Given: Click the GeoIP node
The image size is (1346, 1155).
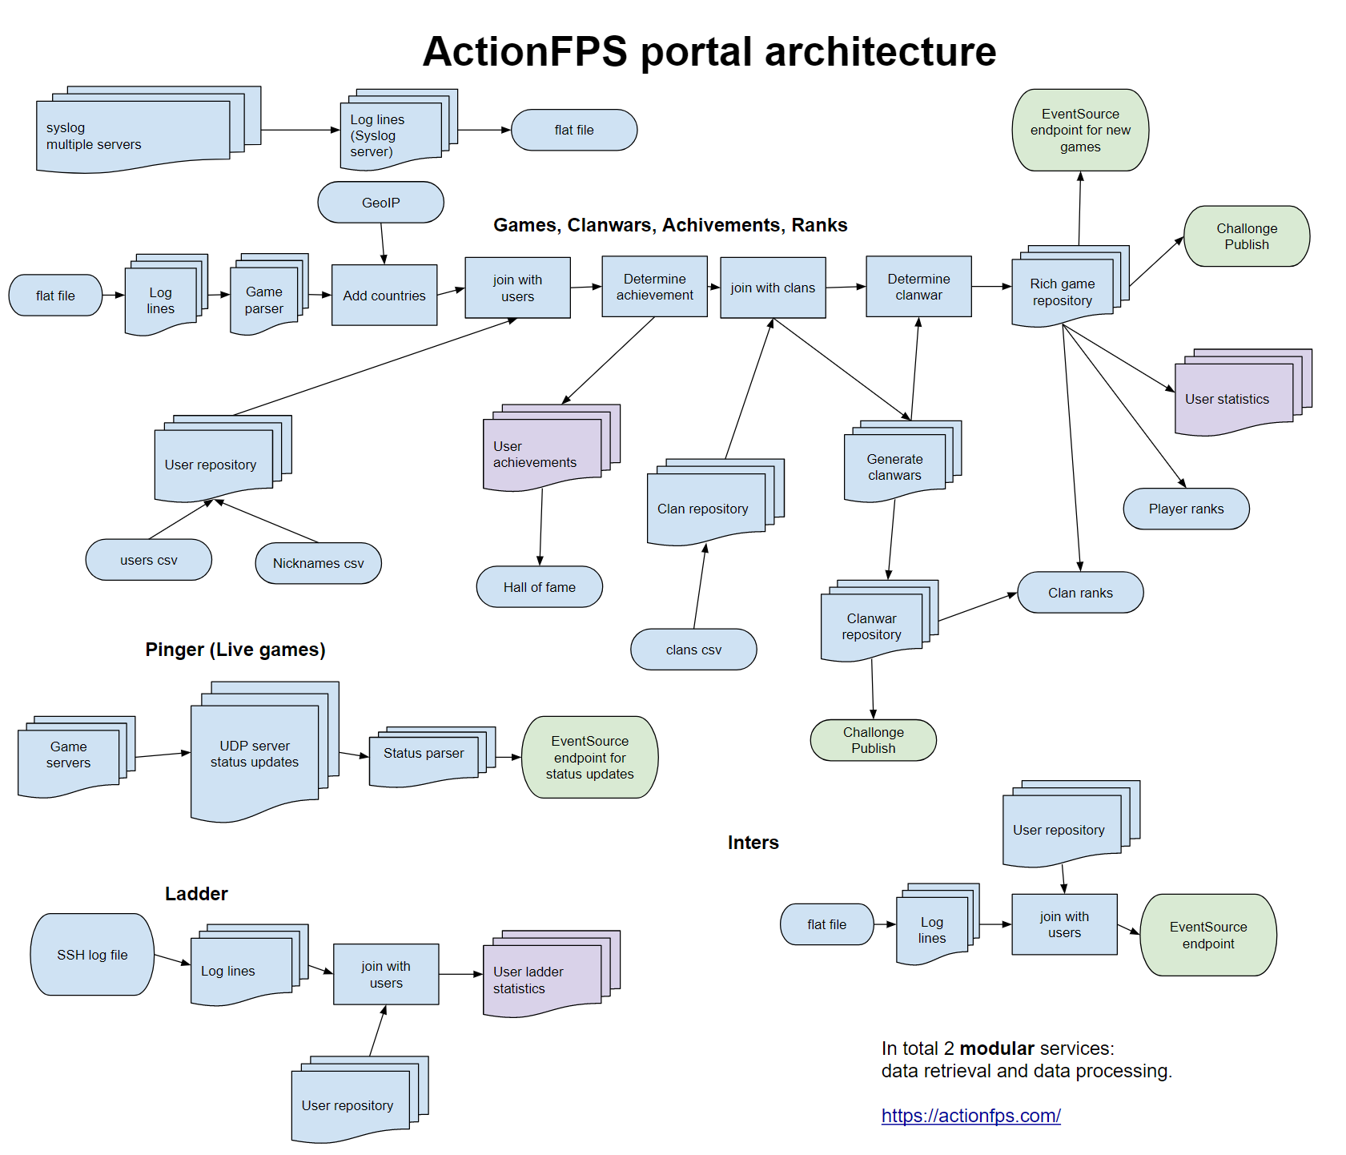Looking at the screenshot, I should pyautogui.click(x=380, y=203).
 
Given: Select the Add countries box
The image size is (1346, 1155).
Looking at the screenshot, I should pyautogui.click(x=384, y=296).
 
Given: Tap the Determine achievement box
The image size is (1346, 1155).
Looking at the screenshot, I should pyautogui.click(x=654, y=287).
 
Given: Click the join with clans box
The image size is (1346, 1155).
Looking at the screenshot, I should pyautogui.click(x=773, y=288).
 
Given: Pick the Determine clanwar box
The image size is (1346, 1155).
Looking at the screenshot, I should pyautogui.click(x=918, y=287).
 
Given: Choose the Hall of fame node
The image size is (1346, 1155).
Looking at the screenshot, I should pyautogui.click(x=539, y=587).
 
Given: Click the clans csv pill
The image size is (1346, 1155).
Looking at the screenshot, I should pyautogui.click(x=693, y=650).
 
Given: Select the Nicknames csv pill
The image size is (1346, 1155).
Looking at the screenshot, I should pyautogui.click(x=318, y=563).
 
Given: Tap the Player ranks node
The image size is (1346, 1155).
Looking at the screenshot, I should pyautogui.click(x=1186, y=509).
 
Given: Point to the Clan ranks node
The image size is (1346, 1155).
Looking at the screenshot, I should pyautogui.click(x=1080, y=593).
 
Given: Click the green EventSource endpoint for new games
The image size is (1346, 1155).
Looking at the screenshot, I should pyautogui.click(x=1080, y=131).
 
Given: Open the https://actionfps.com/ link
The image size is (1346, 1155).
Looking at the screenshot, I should pyautogui.click(x=970, y=1116).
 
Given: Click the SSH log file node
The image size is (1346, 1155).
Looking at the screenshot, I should pyautogui.click(x=92, y=955).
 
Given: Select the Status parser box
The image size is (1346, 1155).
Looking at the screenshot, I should pyautogui.click(x=424, y=754).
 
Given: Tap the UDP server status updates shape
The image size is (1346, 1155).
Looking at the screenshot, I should pyautogui.click(x=255, y=755).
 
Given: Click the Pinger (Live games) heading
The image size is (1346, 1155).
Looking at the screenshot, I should pyautogui.click(x=235, y=650).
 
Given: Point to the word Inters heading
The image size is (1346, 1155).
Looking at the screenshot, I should pyautogui.click(x=753, y=843).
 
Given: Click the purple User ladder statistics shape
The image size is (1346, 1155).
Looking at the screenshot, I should pyautogui.click(x=541, y=980).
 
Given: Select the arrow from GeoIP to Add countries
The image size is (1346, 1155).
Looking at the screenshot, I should pyautogui.click(x=383, y=243).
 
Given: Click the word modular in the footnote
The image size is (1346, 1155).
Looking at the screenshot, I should pyautogui.click(x=997, y=1048).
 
